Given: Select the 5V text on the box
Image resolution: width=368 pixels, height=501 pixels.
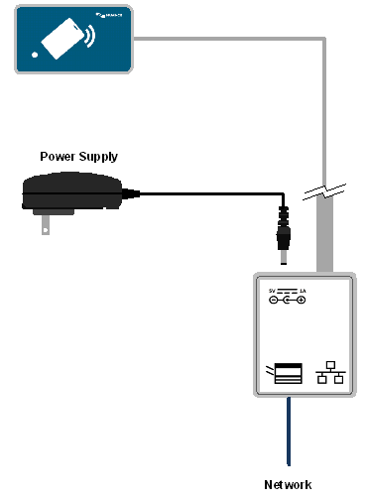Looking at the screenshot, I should (x=271, y=291).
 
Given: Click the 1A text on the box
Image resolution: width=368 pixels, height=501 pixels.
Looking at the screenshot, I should (x=302, y=291).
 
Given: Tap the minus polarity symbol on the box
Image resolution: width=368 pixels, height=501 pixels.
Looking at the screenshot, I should (x=273, y=300).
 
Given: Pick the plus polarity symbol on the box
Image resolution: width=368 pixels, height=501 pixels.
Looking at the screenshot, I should (x=300, y=300).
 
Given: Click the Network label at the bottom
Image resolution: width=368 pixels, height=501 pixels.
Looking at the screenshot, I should (x=288, y=484).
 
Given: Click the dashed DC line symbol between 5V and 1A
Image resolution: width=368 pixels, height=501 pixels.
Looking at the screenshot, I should (x=287, y=292).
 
